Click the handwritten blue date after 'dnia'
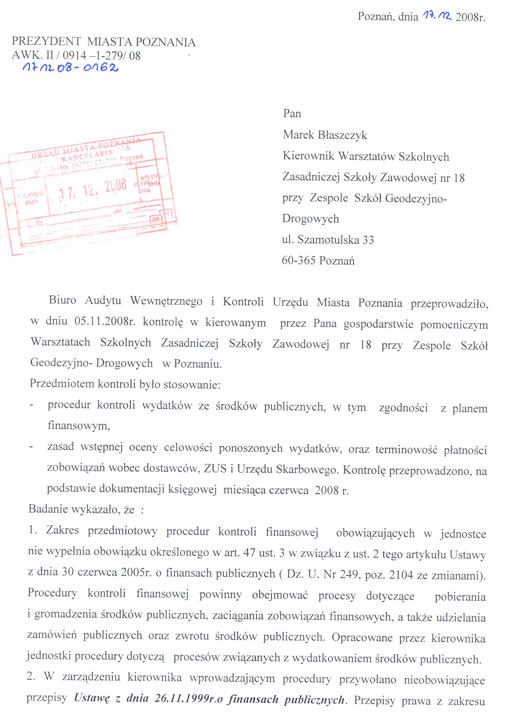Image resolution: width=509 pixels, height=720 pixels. (x=437, y=16)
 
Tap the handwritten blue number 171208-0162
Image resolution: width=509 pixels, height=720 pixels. (x=70, y=67)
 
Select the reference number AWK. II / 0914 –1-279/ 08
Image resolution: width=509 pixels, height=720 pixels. (x=76, y=55)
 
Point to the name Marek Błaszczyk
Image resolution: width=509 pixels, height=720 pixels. (x=325, y=135)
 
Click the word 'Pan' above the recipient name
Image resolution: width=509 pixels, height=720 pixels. (x=292, y=113)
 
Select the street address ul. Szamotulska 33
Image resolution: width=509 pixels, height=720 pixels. (x=328, y=240)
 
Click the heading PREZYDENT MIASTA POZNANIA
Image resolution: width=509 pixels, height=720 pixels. (x=104, y=42)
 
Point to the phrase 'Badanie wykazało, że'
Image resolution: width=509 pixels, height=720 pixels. (x=81, y=509)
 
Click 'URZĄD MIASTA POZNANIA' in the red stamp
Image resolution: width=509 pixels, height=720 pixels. (x=86, y=148)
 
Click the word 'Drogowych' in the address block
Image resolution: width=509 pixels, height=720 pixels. (x=311, y=219)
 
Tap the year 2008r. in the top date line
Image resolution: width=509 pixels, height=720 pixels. (x=470, y=17)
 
